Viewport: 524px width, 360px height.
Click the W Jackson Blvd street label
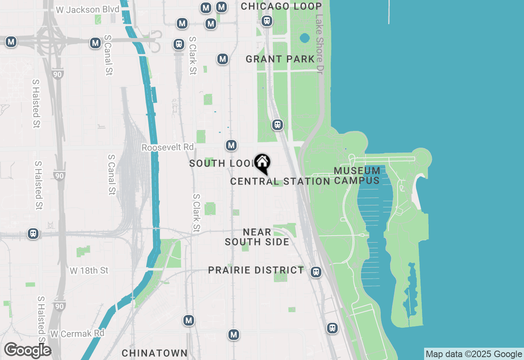tap(87, 9)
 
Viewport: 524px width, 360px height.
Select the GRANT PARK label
tap(280, 59)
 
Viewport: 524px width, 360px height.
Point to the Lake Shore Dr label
tap(319, 44)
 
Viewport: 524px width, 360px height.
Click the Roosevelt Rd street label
tap(167, 147)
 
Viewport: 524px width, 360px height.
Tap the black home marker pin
tap(262, 162)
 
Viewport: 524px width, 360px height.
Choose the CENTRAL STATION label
tap(280, 181)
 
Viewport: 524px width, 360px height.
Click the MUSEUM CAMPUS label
tap(357, 175)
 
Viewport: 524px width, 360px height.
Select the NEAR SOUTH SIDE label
tap(257, 237)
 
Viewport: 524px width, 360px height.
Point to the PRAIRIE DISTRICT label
tap(256, 270)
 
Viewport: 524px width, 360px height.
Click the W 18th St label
tap(89, 271)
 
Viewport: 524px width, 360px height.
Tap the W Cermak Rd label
tap(77, 333)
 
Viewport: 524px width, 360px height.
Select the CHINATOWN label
tap(155, 353)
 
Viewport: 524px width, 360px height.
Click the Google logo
tap(27, 350)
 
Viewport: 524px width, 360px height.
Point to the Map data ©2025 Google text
tap(474, 354)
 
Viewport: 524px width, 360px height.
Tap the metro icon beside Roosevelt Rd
tap(231, 145)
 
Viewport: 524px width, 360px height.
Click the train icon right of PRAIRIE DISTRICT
tap(316, 272)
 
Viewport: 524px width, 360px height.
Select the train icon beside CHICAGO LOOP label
tap(267, 20)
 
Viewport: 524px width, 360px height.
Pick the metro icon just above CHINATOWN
tap(189, 320)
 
